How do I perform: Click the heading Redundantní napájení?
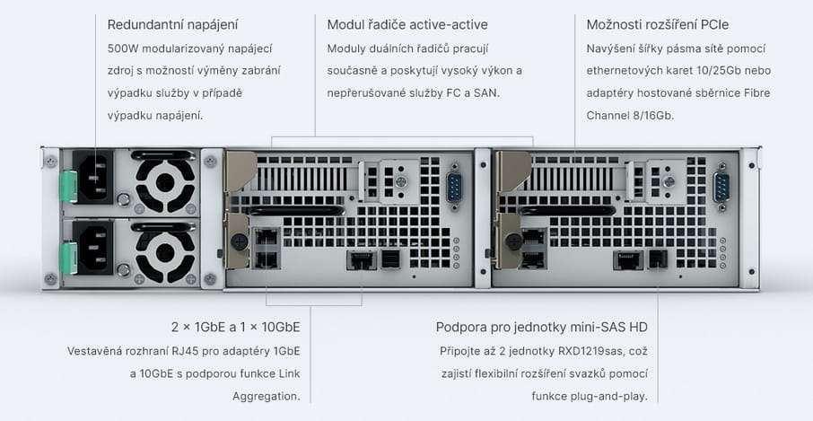tap(172, 24)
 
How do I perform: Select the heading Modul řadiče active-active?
tap(407, 24)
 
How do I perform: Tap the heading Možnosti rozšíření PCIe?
tap(658, 24)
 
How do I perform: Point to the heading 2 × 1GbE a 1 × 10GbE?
tap(235, 327)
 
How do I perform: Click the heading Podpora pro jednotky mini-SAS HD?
tap(541, 327)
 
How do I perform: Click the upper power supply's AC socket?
tap(93, 178)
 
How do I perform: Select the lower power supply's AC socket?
tap(93, 248)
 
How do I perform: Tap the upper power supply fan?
tap(165, 182)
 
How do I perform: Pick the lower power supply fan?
tap(165, 253)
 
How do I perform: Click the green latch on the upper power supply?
tap(68, 187)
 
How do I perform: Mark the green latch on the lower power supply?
tap(68, 259)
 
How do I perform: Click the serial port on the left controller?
tap(454, 186)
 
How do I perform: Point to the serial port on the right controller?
tap(721, 186)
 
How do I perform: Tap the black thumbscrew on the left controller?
tap(239, 241)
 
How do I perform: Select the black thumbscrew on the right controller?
tap(514, 241)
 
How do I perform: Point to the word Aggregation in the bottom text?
tap(266, 397)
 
